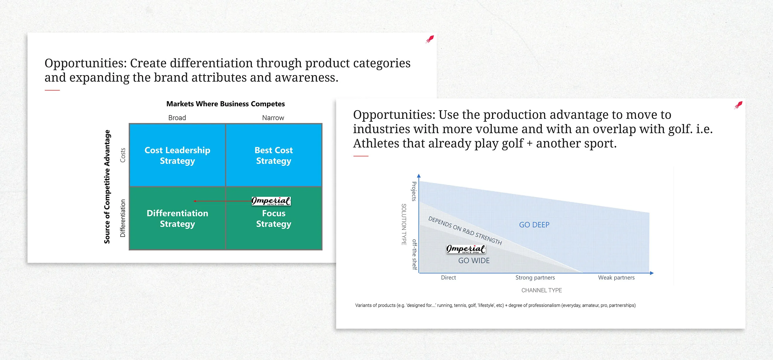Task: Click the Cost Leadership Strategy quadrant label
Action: tap(177, 155)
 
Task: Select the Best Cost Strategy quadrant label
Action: tap(274, 155)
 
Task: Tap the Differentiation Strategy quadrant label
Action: tap(177, 218)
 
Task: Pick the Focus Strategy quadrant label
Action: tap(274, 218)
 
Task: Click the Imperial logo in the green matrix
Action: tap(271, 201)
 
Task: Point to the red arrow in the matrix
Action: tap(223, 201)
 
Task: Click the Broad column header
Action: tap(177, 118)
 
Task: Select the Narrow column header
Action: tap(273, 118)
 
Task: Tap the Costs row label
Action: tap(123, 155)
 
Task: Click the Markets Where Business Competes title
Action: tap(226, 104)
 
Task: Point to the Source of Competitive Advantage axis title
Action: tap(107, 187)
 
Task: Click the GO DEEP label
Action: tap(534, 225)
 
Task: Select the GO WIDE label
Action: tap(474, 260)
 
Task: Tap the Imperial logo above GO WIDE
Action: tap(466, 249)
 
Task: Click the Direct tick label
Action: tap(448, 277)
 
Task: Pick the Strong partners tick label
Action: tap(535, 277)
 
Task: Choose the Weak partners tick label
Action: tap(616, 277)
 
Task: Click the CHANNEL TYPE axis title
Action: tap(542, 290)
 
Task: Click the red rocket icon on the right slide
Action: tap(738, 105)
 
